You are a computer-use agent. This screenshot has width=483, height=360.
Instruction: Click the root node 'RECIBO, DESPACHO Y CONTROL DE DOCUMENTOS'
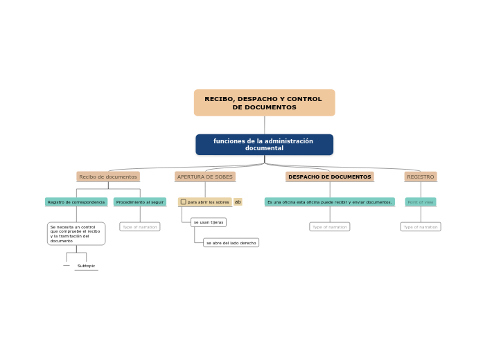[264, 102]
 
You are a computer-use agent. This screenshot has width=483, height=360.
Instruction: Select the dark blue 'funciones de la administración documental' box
[264, 145]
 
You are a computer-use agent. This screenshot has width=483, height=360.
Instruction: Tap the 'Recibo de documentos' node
[108, 177]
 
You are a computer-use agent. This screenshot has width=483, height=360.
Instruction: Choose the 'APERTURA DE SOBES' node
[205, 177]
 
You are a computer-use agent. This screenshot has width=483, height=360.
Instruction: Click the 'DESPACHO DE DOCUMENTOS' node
[330, 177]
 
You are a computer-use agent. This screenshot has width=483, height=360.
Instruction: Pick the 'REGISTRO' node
[421, 177]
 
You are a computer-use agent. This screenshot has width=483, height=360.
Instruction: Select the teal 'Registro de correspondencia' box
[76, 202]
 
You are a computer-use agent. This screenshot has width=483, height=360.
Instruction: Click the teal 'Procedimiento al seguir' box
[140, 202]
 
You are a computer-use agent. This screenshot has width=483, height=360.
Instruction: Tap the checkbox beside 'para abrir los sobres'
[184, 202]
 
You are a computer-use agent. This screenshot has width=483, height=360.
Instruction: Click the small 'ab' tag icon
[238, 202]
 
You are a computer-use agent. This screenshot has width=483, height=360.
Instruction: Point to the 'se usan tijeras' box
[209, 222]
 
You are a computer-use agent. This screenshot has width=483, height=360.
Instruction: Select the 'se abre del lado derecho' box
[231, 243]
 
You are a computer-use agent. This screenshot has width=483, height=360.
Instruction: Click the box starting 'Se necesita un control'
[76, 234]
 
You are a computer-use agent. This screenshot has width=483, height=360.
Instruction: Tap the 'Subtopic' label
[87, 266]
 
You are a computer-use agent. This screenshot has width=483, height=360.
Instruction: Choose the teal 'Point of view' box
[421, 202]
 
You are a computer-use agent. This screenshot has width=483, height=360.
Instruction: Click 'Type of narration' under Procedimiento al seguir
[140, 226]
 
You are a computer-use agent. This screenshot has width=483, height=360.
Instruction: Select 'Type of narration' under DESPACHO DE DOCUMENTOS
[330, 226]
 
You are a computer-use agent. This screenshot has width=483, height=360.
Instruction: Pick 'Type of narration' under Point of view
[421, 226]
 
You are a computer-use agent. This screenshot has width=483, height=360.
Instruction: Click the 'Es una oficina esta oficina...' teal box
[330, 202]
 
